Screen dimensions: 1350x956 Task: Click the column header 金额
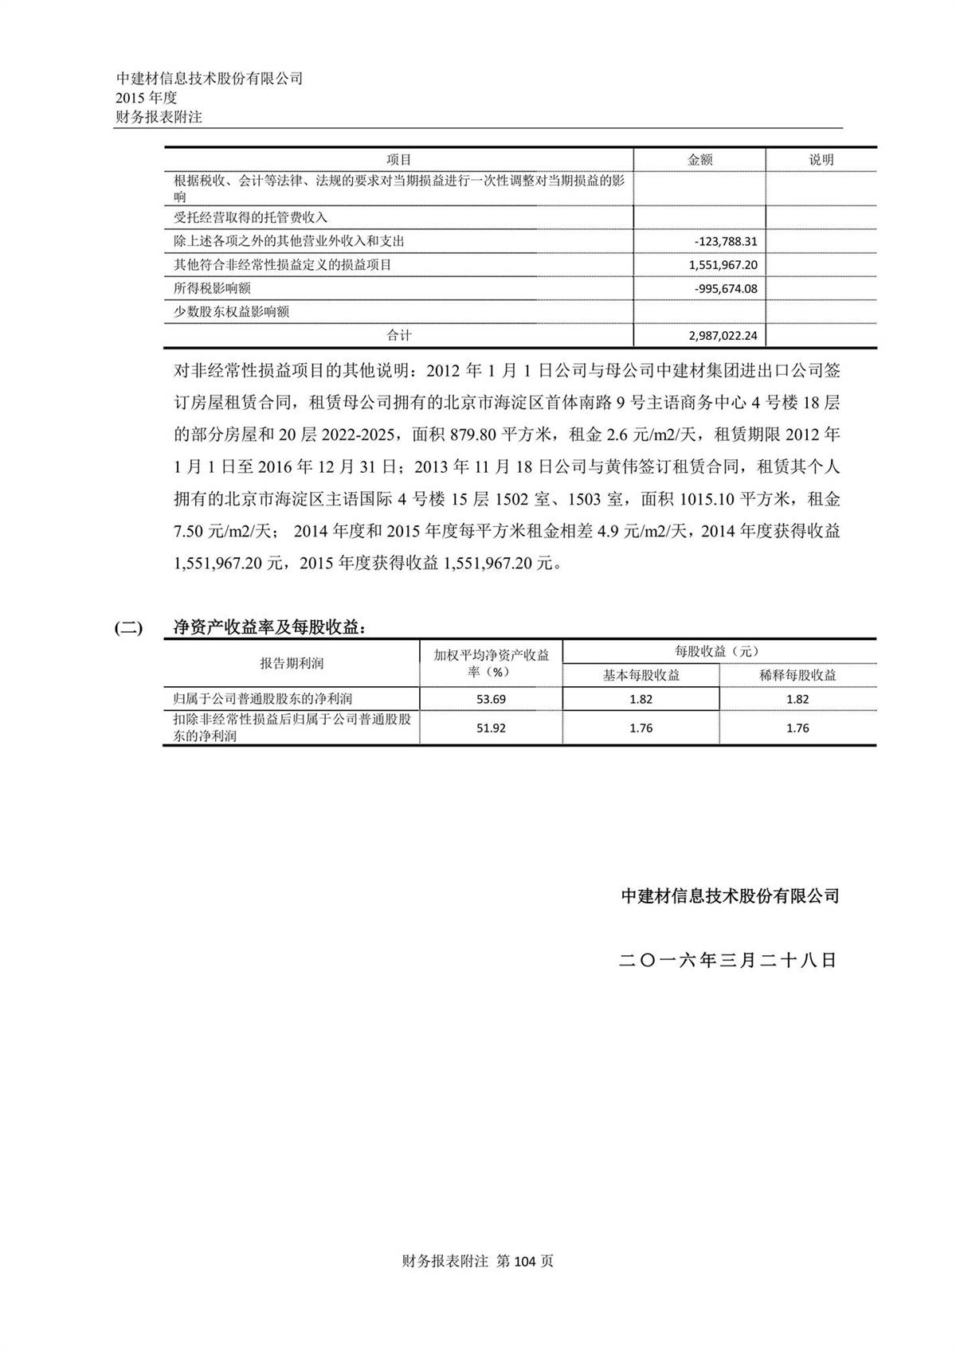pos(699,160)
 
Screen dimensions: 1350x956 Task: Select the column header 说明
pos(821,160)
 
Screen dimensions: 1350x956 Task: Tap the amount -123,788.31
pos(725,241)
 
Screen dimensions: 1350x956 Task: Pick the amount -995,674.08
pos(725,288)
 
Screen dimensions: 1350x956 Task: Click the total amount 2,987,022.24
pos(723,336)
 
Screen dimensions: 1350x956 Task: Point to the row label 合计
pos(399,336)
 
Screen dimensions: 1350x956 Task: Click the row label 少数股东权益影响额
pos(231,312)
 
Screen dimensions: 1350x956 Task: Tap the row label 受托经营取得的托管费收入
pos(250,217)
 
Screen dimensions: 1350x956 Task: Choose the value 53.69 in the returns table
pos(491,699)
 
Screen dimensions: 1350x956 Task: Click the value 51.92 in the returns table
pos(491,728)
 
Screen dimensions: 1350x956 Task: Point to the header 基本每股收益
pos(641,675)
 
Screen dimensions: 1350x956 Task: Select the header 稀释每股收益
pos(797,675)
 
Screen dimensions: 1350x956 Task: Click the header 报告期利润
pos(292,663)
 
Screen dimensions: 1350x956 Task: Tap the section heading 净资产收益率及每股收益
pos(270,627)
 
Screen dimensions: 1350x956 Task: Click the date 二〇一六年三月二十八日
pos(728,960)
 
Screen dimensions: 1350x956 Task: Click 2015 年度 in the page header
pos(147,97)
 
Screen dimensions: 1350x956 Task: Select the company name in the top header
pos(210,78)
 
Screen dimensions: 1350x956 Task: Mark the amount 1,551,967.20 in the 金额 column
pos(723,265)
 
